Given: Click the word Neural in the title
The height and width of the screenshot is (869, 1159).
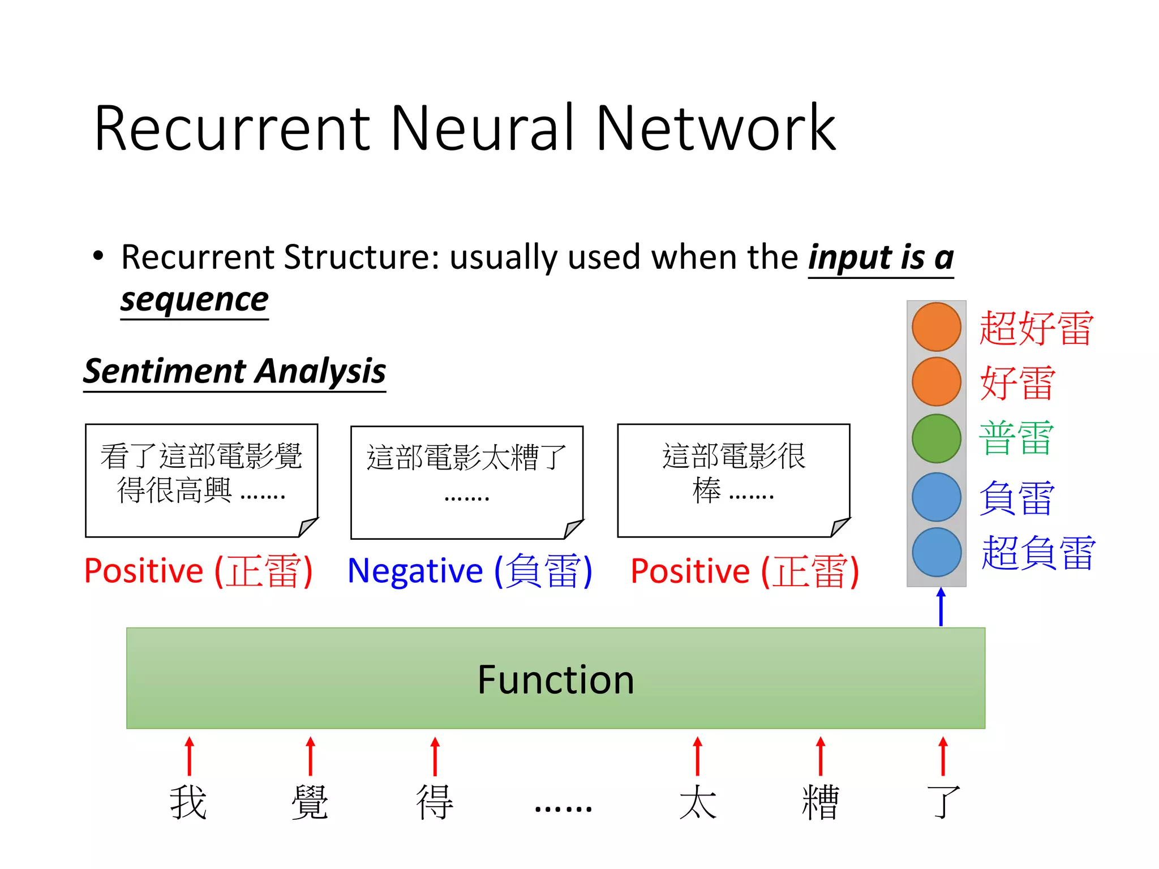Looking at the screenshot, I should [487, 128].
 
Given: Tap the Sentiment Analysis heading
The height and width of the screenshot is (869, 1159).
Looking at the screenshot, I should [234, 372].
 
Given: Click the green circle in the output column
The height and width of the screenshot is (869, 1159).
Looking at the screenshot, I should [936, 438].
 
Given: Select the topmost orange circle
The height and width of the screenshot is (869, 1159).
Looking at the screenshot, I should [936, 327].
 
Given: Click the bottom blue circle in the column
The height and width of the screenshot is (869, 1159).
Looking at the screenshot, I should [936, 552].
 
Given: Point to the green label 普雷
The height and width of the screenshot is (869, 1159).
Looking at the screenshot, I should [1016, 438].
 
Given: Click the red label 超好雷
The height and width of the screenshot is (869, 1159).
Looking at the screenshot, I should [1036, 328].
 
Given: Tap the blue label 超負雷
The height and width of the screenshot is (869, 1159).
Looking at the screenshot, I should [1038, 553].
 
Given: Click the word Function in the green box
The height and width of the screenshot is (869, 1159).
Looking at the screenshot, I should [555, 679].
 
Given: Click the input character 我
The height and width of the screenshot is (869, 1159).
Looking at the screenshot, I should [188, 802].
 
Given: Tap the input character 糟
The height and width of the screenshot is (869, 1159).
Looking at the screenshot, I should [820, 802].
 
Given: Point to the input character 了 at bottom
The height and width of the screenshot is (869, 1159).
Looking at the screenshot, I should [943, 802].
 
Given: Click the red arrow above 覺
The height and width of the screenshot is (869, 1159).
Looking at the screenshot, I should [310, 756].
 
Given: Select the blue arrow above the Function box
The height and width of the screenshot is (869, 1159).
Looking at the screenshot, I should [941, 606].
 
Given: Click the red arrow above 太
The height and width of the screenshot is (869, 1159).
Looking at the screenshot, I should [697, 756].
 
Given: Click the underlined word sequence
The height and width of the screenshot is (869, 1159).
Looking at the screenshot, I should [194, 300].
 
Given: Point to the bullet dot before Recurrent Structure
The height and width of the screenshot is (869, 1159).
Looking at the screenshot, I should [98, 256].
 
